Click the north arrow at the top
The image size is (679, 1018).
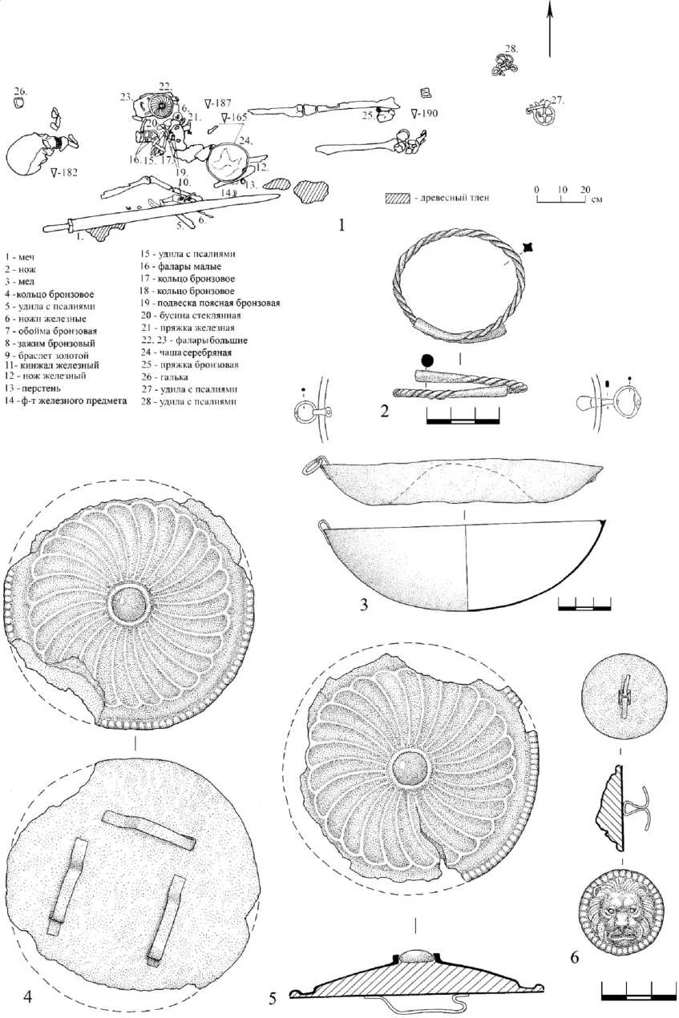pyautogui.click(x=550, y=28)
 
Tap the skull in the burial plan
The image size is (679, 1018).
pyautogui.click(x=30, y=155)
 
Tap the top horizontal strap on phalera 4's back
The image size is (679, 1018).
pyautogui.click(x=150, y=830)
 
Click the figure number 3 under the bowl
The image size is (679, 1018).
pyautogui.click(x=364, y=606)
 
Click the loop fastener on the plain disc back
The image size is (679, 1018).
pyautogui.click(x=623, y=690)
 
